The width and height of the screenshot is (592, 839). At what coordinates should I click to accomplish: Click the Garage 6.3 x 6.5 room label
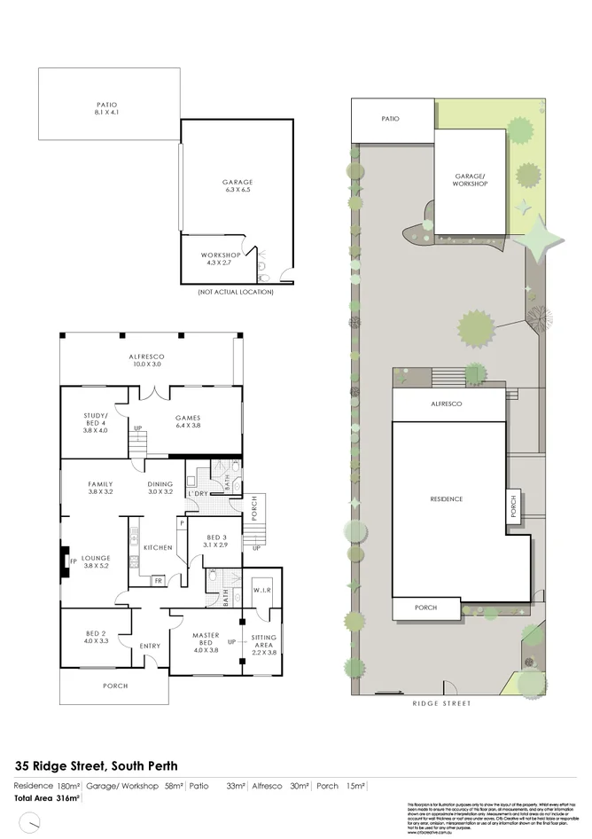238,185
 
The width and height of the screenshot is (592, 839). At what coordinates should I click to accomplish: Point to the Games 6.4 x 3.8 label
187,422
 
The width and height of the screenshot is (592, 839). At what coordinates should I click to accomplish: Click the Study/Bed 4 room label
94,421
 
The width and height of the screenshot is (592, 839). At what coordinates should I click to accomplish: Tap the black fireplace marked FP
65,561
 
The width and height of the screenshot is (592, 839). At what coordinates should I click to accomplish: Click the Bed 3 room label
217,542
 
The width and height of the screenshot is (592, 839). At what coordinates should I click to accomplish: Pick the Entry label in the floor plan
150,646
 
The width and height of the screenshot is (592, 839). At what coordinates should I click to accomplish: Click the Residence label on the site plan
446,499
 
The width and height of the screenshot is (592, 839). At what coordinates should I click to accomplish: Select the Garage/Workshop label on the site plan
470,180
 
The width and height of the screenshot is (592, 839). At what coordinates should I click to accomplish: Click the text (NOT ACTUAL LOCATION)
236,292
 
